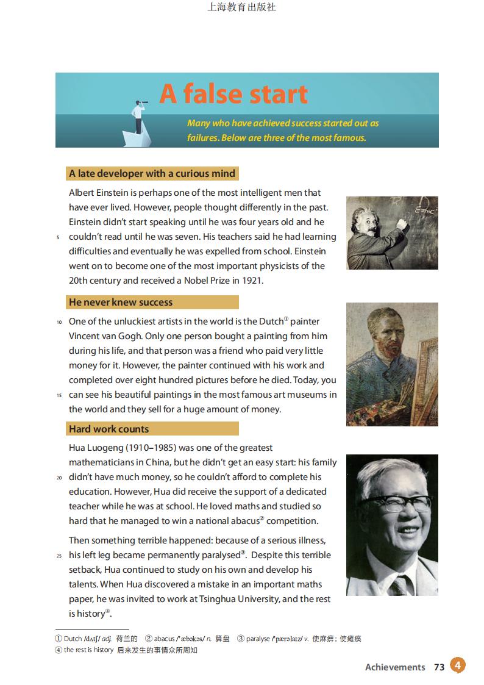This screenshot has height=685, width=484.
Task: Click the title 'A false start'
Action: [x=233, y=95]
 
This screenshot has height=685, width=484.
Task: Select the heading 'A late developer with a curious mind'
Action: [x=152, y=173]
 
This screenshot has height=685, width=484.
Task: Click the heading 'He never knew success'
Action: [x=121, y=302]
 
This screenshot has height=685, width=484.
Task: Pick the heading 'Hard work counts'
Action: [x=109, y=429]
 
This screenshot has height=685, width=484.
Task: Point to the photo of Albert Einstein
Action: [x=391, y=232]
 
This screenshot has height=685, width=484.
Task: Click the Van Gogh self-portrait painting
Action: [x=391, y=364]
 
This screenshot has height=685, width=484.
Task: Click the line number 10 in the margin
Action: [x=59, y=322]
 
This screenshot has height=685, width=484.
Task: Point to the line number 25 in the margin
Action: [x=59, y=556]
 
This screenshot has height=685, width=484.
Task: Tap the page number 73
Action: [x=439, y=667]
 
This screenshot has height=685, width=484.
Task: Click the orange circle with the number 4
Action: [x=458, y=665]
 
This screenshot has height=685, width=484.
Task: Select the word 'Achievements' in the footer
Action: [x=395, y=667]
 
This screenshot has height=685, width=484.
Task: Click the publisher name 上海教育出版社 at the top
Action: [x=242, y=7]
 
